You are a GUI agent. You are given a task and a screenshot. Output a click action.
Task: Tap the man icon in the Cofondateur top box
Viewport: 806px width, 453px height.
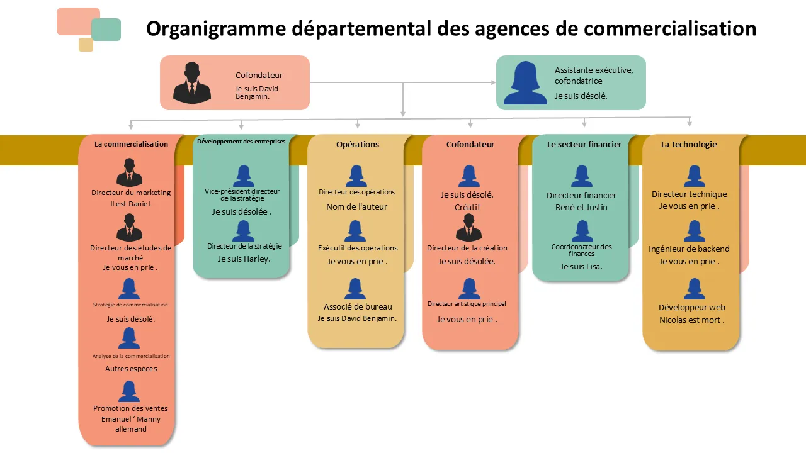point(191,82)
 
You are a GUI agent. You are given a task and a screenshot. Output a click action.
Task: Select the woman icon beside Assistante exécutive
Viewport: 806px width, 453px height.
point(525,82)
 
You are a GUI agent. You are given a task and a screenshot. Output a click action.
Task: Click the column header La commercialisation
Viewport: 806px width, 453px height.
point(131,144)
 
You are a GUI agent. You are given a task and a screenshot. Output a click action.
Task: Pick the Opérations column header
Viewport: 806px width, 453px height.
point(358,144)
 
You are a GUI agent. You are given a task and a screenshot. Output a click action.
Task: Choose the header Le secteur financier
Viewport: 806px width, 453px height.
point(584,144)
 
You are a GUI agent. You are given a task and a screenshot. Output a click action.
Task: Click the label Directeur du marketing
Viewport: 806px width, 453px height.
point(131,193)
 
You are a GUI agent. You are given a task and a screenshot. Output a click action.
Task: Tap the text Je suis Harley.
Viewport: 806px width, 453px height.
point(244,259)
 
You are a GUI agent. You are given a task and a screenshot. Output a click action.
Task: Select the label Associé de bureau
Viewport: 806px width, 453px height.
point(358,307)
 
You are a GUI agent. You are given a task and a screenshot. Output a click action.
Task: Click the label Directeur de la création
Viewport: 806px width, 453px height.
point(467,248)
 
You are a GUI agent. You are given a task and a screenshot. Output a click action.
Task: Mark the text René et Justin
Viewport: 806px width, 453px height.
point(581,207)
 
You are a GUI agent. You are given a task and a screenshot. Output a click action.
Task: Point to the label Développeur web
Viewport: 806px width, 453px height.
point(692,308)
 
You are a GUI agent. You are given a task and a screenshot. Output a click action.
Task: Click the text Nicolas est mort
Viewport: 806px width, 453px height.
point(691,320)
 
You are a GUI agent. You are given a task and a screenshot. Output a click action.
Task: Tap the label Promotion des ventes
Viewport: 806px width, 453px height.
point(131,408)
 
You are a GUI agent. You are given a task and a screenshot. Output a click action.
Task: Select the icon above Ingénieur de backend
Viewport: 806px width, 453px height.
point(694,231)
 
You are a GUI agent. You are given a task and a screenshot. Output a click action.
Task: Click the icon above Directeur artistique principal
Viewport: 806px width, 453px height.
point(469,289)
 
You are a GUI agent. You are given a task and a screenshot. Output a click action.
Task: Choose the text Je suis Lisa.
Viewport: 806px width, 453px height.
point(581,266)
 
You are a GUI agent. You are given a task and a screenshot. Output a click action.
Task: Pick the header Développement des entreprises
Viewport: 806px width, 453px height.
point(241,142)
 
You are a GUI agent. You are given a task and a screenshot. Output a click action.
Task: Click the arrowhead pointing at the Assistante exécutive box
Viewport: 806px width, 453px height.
point(493,82)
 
